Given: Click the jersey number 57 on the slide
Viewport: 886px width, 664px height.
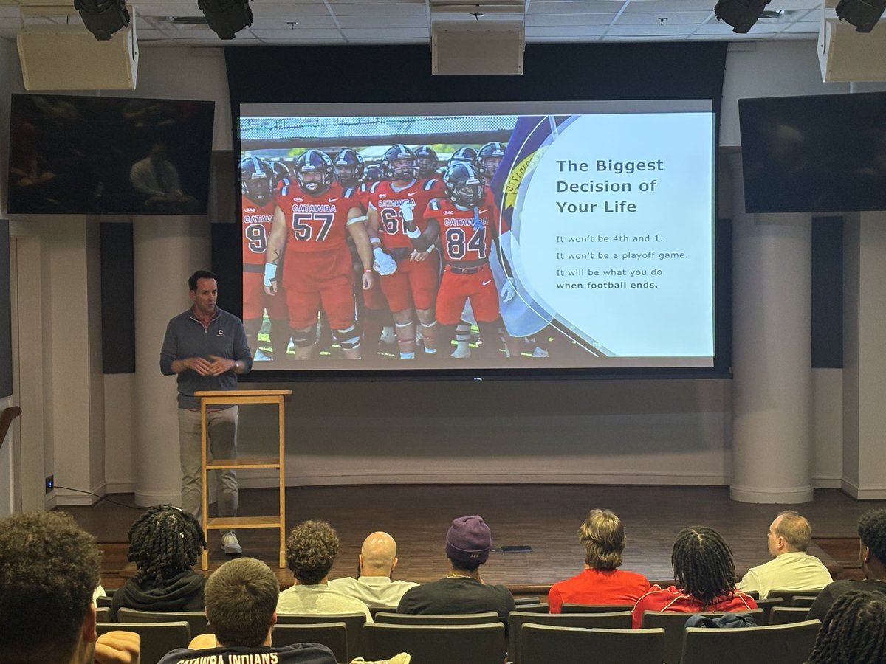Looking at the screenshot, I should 313,226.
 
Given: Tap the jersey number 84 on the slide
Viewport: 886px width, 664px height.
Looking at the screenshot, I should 465,242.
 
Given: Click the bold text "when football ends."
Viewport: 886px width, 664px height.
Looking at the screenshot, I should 606,285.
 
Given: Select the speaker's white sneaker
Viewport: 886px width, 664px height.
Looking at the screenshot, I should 231,543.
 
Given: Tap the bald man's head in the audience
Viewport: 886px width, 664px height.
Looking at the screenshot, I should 379,555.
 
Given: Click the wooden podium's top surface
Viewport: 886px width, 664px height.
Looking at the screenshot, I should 243,394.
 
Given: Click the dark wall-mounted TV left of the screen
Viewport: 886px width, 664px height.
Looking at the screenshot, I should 111,155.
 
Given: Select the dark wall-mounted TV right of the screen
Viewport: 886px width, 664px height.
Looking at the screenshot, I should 812,153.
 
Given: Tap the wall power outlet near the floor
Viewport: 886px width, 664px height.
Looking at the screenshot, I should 49,483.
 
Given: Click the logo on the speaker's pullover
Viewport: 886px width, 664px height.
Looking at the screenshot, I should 221,333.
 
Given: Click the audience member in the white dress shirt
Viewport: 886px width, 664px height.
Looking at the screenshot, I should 786,561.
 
